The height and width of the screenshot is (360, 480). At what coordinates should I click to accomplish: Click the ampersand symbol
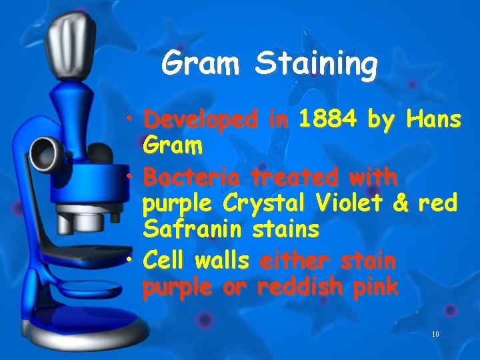[x=401, y=203]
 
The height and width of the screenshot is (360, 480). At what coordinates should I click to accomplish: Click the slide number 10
[x=435, y=333]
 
